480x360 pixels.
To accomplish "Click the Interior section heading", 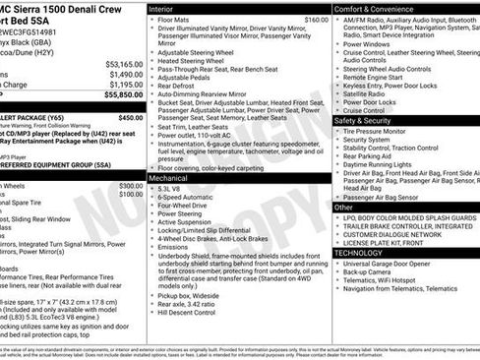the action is pos(161,8).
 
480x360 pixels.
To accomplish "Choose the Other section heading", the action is pos(343,208).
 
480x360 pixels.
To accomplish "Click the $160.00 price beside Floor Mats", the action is pos(303,20).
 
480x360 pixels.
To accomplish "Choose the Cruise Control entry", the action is pos(369,110).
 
